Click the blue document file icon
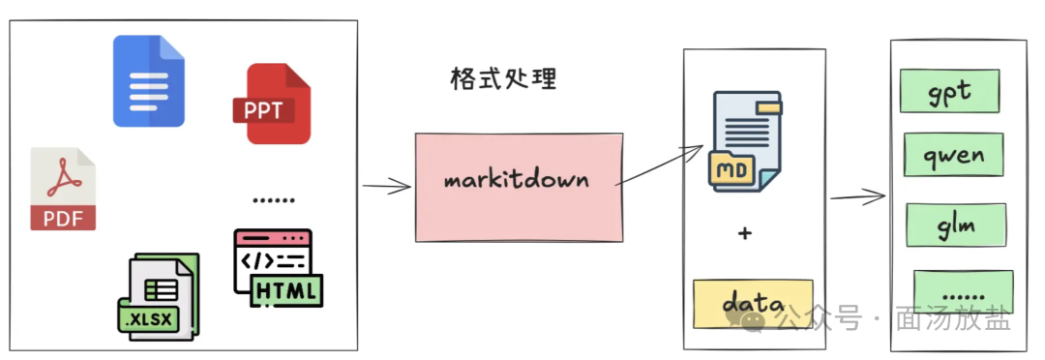tap(149, 80)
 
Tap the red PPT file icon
tap(272, 104)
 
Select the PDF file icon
tap(63, 190)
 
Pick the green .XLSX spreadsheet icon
tap(159, 297)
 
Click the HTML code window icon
tap(279, 268)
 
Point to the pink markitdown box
tap(520, 188)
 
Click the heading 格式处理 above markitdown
tap(503, 79)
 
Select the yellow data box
tap(753, 304)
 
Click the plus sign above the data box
tap(745, 233)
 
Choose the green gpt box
tap(950, 91)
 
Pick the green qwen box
tap(954, 155)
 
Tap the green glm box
tap(956, 225)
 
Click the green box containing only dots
tap(964, 292)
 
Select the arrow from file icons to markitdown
tap(386, 187)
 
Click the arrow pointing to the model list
tap(857, 196)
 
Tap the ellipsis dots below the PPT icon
tap(274, 199)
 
